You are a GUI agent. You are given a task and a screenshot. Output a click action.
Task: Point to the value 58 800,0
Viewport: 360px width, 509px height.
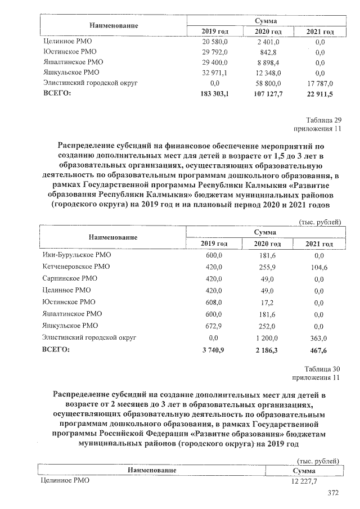(265, 83)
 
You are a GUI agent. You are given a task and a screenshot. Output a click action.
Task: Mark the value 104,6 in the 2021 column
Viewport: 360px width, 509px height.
(319, 267)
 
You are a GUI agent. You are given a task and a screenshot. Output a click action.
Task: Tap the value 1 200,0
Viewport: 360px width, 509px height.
(265, 337)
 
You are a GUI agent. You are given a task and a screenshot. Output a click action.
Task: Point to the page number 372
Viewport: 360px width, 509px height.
(334, 493)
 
